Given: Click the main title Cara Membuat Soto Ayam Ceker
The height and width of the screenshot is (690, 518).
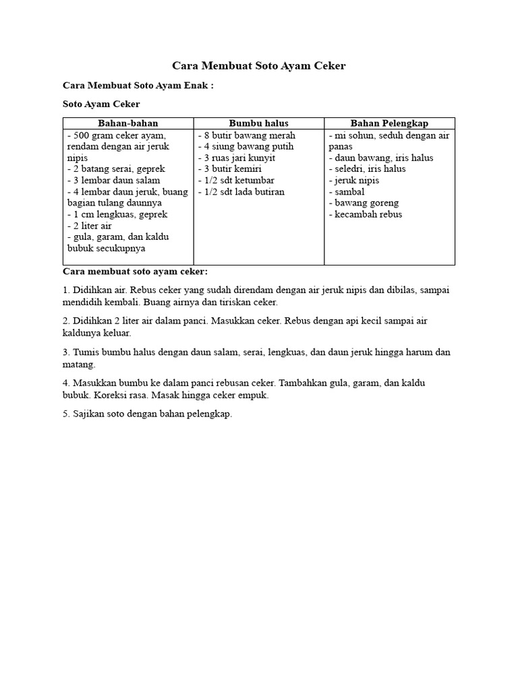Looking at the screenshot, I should tap(259, 66).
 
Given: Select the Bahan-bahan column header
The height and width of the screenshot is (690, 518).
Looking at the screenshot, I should tap(128, 123).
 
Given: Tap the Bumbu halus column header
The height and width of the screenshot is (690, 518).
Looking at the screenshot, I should tap(259, 123).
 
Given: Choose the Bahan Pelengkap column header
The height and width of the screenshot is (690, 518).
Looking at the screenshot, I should tap(389, 123).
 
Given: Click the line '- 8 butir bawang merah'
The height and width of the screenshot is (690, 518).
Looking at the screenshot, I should tap(247, 135).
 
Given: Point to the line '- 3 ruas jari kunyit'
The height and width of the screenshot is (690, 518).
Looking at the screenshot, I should tap(237, 158).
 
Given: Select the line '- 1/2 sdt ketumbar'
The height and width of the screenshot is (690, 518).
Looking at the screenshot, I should tap(236, 181).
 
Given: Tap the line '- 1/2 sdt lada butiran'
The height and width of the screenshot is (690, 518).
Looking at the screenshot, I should tap(241, 192).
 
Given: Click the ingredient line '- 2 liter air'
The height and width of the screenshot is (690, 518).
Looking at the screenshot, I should tap(90, 226).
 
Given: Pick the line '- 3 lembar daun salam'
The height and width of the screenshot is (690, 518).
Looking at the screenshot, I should tap(114, 181).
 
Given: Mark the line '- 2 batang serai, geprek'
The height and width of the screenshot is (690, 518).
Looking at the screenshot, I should tap(117, 169).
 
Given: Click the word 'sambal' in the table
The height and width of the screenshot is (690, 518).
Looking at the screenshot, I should tap(349, 192).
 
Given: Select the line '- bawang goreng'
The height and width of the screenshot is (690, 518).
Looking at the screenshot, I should tap(364, 203).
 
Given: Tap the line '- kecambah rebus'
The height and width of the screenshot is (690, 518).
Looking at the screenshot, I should tap(366, 214).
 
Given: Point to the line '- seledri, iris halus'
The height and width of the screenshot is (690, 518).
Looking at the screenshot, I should tap(368, 169).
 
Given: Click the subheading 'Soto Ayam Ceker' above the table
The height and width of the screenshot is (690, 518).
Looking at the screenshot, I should tap(101, 104).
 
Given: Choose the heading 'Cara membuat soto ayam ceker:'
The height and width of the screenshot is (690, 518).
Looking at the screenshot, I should tap(135, 272).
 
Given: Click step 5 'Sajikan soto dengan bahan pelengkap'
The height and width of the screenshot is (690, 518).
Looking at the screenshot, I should tap(147, 414).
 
